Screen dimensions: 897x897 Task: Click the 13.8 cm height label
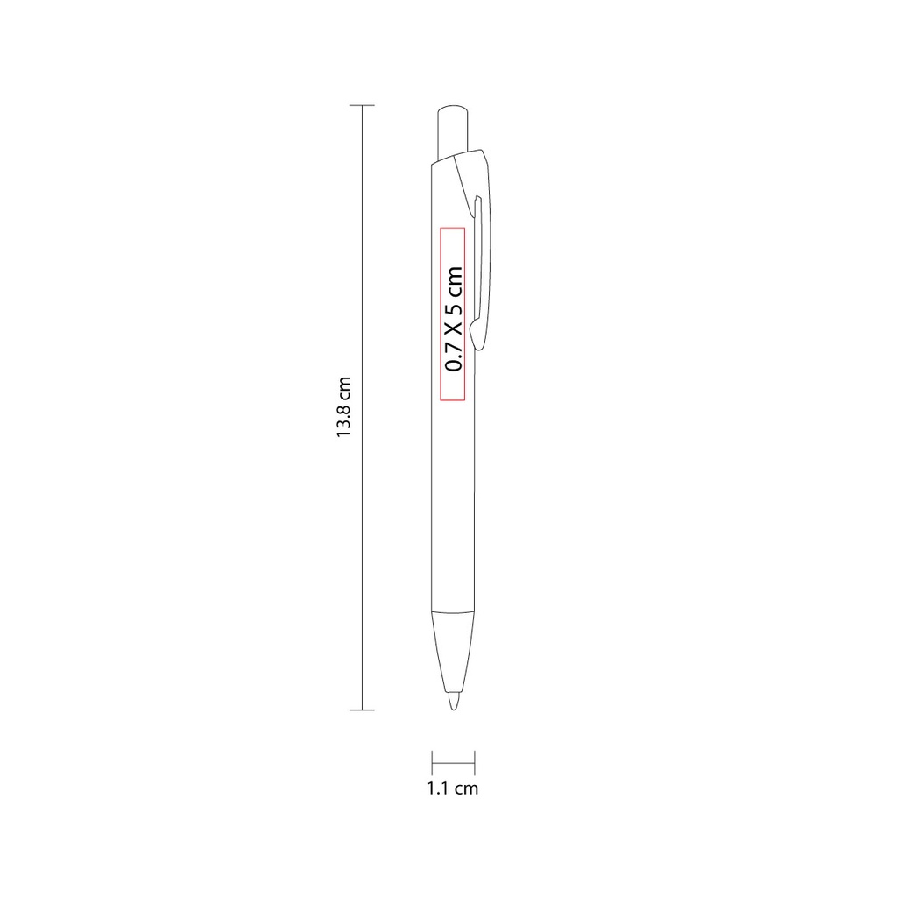[x=343, y=407]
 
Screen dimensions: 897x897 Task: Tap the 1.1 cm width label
[x=453, y=788]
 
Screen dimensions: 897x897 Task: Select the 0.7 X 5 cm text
[x=454, y=319]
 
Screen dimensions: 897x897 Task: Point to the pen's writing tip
[x=453, y=702]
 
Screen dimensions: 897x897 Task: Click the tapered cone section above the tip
[x=453, y=652]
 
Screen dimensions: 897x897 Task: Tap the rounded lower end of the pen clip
[x=477, y=335]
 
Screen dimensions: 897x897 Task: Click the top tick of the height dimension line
[x=362, y=105]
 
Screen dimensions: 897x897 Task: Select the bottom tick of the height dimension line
[x=362, y=710]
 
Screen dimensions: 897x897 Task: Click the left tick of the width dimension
[x=432, y=763]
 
